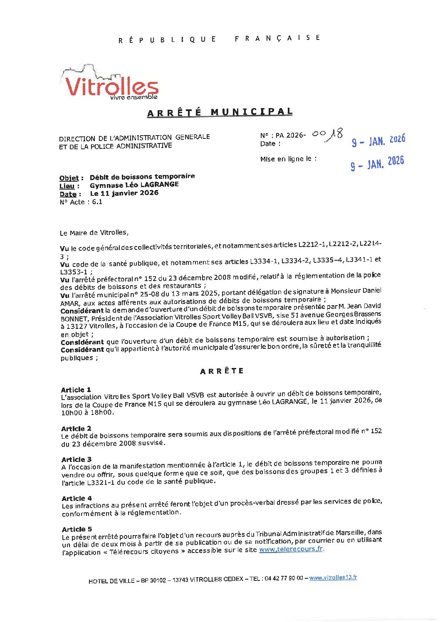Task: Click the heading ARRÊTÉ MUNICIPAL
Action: tap(220, 112)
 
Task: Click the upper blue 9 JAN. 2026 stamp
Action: tap(378, 141)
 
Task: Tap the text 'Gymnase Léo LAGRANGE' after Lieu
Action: tap(134, 185)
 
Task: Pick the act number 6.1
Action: tap(97, 202)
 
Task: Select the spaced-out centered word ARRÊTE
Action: tap(222, 371)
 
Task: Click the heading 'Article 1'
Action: tap(76, 390)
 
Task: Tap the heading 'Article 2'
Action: tap(76, 429)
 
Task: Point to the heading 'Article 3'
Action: tap(77, 459)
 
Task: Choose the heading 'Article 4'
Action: tap(77, 499)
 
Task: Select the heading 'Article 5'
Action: tap(77, 529)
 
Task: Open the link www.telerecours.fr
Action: tap(291, 549)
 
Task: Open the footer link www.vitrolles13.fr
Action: tap(333, 578)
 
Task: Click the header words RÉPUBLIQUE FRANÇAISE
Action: tap(219, 39)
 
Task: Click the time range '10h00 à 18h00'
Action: tap(87, 413)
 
